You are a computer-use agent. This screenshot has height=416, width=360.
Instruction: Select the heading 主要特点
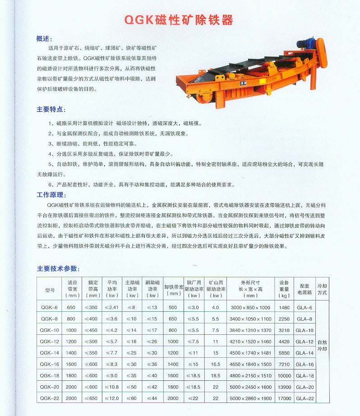(x=50, y=109)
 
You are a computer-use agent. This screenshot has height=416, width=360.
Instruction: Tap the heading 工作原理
(x=50, y=195)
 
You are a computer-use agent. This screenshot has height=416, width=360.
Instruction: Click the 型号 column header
(x=50, y=289)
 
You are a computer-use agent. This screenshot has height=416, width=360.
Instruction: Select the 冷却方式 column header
(x=322, y=289)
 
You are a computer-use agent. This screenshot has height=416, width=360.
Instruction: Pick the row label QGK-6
(x=50, y=307)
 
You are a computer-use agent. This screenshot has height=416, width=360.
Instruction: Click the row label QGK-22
(x=50, y=398)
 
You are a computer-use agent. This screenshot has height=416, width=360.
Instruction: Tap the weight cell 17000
(x=284, y=398)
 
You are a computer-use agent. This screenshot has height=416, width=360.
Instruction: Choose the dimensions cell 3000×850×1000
(x=250, y=307)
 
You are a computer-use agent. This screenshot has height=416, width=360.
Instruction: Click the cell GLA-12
(x=305, y=342)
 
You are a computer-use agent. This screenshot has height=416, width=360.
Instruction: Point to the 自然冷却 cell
(x=322, y=345)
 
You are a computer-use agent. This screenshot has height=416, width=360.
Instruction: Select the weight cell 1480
(x=284, y=307)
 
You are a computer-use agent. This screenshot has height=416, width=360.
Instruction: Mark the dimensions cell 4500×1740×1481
(x=250, y=353)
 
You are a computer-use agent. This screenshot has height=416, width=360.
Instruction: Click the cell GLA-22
(x=305, y=398)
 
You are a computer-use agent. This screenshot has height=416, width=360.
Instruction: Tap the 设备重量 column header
(x=284, y=289)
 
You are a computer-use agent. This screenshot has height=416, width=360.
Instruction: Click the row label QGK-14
(x=50, y=353)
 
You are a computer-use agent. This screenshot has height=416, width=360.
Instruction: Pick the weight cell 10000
(x=284, y=376)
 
